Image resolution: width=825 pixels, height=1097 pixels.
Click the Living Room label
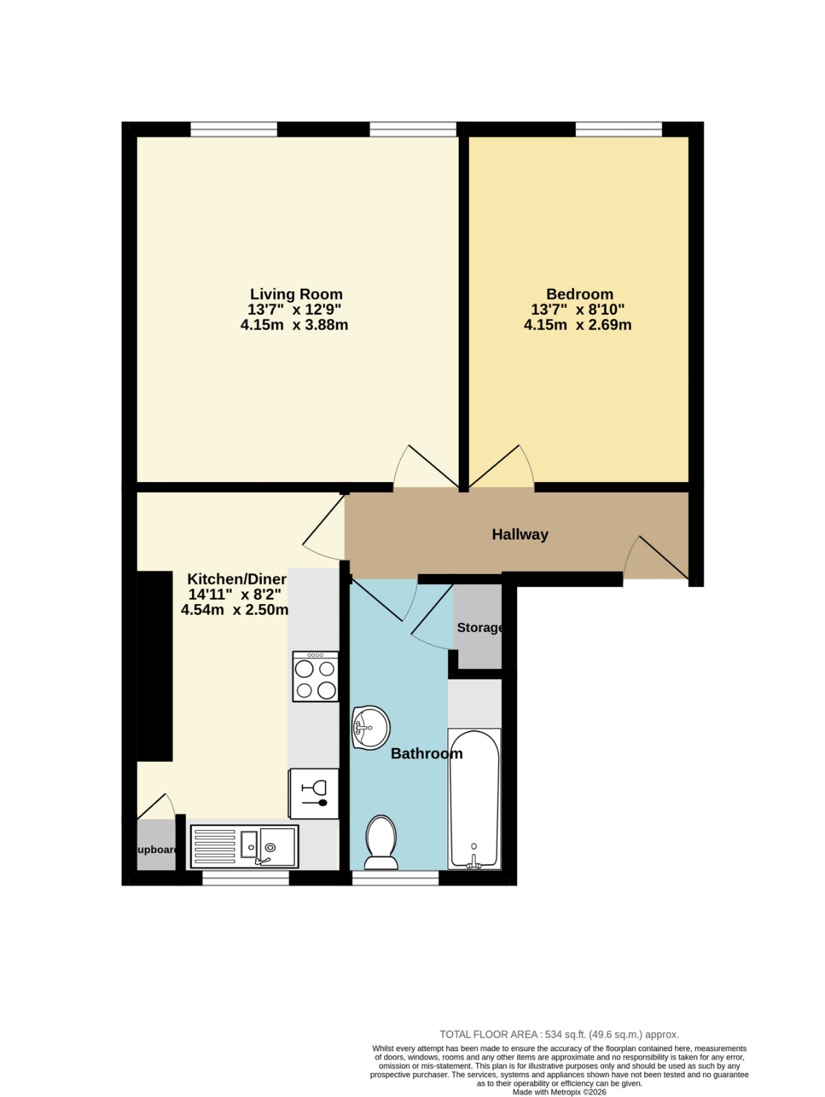pos(296,294)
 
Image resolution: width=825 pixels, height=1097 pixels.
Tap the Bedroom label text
pos(579,294)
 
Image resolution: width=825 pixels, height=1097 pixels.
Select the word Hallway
pos(520,535)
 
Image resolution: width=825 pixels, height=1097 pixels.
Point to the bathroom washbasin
pos(370,727)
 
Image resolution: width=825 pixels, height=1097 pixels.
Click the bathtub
pos(474,799)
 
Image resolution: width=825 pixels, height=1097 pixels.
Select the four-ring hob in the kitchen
pos(315,677)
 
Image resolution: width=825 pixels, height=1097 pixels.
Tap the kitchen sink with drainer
pos(244,847)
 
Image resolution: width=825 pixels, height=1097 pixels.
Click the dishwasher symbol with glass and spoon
pos(314,794)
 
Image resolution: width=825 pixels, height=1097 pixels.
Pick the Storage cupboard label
pos(480,628)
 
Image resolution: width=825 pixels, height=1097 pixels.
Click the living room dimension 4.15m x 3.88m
pos(294,325)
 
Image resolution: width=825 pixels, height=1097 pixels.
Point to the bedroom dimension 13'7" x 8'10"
pos(574,309)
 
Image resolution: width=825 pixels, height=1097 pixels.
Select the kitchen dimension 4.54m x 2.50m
pos(235,610)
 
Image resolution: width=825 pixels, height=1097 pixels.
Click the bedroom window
pos(619,130)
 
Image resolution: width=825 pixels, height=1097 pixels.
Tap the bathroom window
pos(395,878)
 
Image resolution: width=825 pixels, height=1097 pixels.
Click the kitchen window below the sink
pos(246,878)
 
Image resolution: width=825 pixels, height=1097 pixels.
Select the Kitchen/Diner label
pos(237,579)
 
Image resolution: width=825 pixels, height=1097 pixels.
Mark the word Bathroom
pos(427,754)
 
